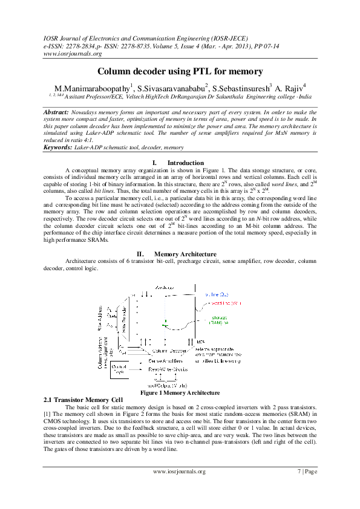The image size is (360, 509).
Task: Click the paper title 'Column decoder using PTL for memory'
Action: [x=180, y=72]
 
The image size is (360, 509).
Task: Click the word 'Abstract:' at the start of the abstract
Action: [x=60, y=113]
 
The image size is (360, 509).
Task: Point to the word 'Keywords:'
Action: [x=59, y=147]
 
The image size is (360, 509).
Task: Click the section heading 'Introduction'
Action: [x=186, y=163]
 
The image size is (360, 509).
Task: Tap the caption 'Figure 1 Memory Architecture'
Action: [x=180, y=394]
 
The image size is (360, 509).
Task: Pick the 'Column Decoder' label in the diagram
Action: [x=168, y=350]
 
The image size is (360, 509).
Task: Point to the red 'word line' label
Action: [x=218, y=303]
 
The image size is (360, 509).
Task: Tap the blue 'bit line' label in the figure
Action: [x=215, y=294]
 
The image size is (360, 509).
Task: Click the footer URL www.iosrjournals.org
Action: [x=180, y=472]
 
